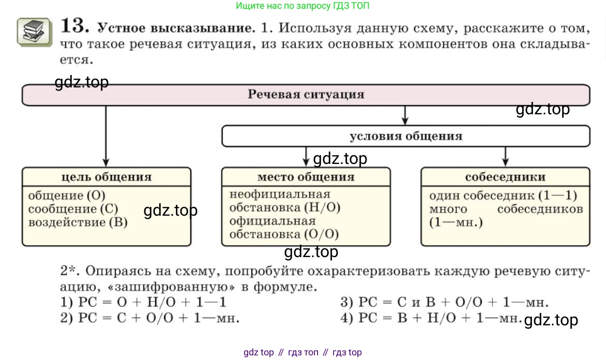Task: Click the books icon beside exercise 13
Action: tap(35, 31)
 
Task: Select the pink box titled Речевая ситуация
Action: tap(306, 95)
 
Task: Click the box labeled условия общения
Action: tap(405, 137)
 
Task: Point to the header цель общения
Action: tap(106, 177)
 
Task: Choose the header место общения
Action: tap(306, 177)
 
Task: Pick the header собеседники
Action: tap(505, 177)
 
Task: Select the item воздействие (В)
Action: tap(78, 222)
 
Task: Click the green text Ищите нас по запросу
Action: tap(302, 6)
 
